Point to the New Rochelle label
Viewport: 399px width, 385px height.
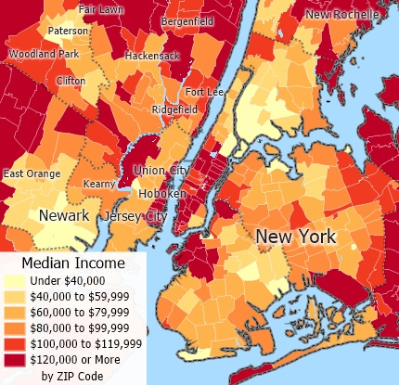tap(342, 14)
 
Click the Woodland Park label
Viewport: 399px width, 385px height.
tap(44, 54)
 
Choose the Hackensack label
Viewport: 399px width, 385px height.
tap(154, 56)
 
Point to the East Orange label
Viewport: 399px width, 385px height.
tap(32, 173)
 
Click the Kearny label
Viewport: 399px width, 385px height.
tap(99, 184)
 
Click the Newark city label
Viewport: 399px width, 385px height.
tap(64, 216)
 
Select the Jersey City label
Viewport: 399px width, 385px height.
tap(135, 216)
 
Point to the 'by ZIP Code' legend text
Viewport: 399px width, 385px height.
tap(72, 376)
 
